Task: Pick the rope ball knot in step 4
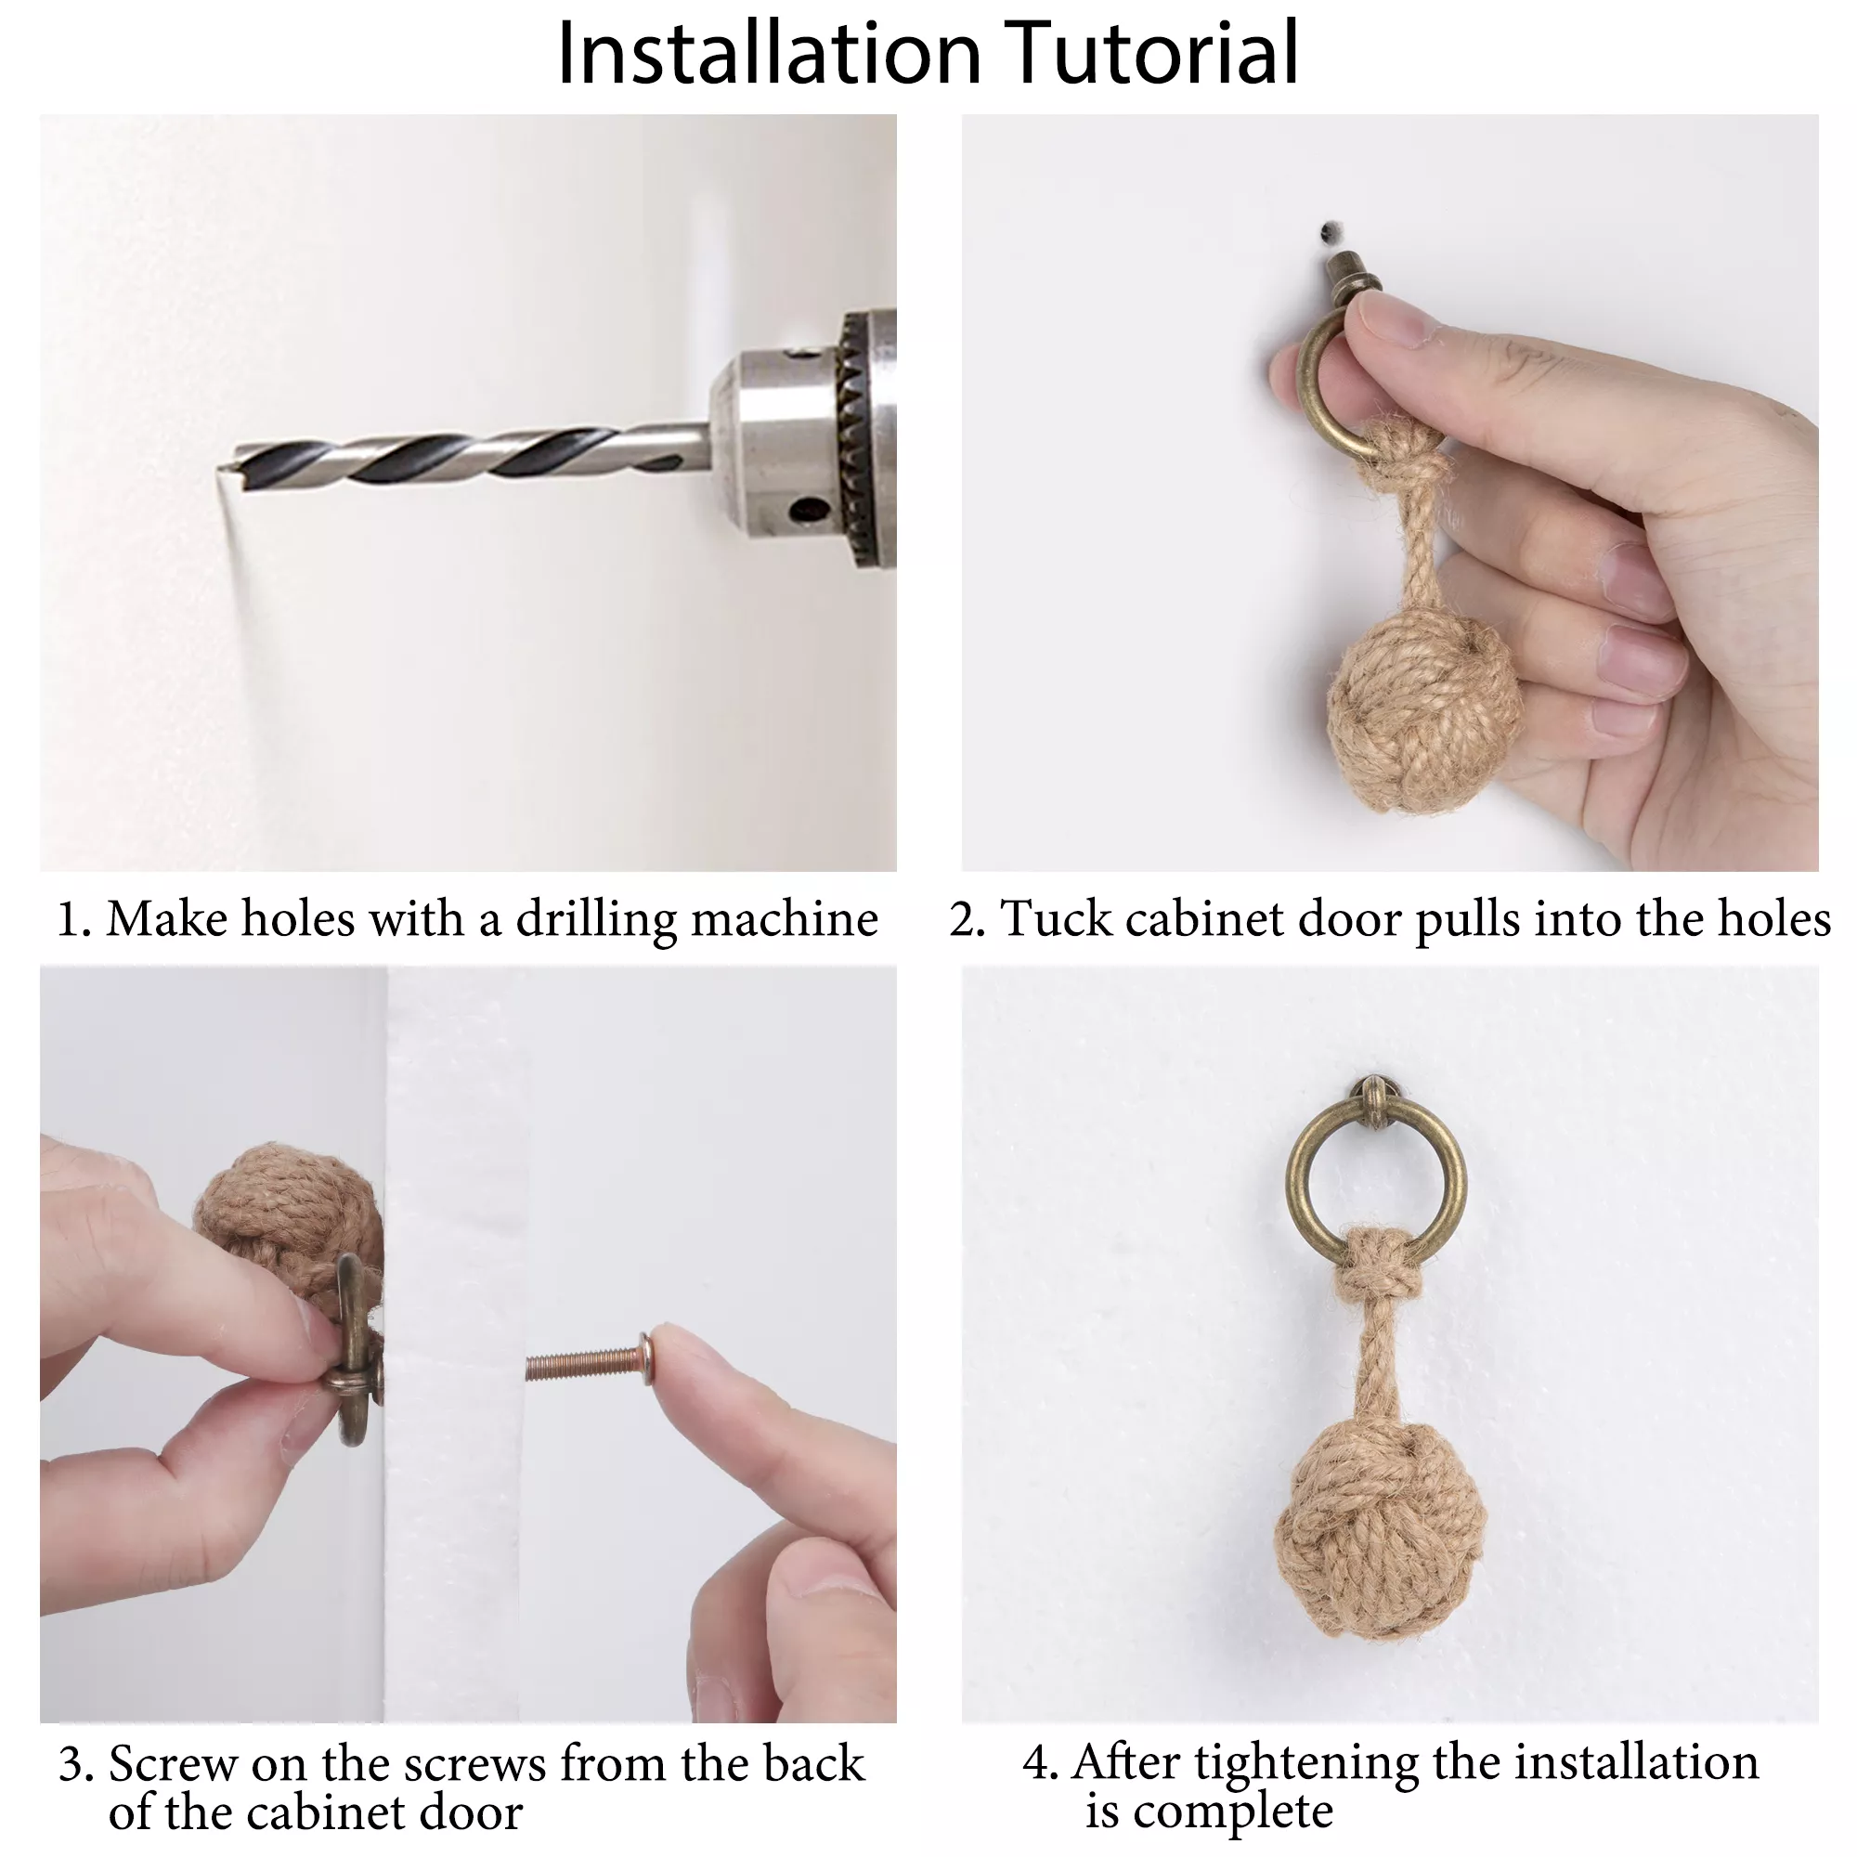point(1377,1529)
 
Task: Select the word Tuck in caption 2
point(1058,918)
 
